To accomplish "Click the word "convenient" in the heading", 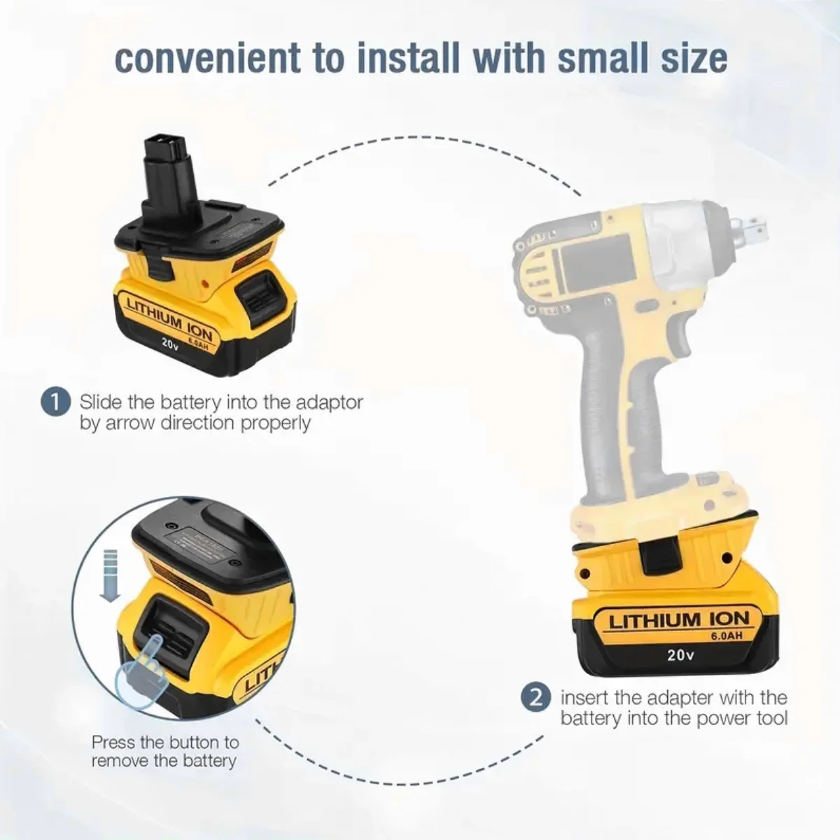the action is (208, 57).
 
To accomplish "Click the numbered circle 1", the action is (56, 402).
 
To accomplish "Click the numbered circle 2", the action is (536, 697).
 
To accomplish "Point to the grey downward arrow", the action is (111, 576).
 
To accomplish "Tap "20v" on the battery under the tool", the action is (680, 654).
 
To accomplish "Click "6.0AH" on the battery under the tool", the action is (726, 636).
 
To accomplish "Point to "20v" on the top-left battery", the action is (170, 344).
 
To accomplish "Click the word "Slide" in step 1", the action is (101, 402).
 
